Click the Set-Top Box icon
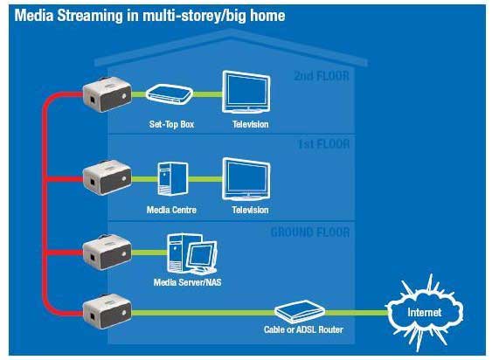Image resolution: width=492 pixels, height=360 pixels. coord(170,94)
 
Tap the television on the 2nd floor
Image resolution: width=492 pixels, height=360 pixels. coord(246,92)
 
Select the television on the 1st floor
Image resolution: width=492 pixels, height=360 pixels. coord(246,179)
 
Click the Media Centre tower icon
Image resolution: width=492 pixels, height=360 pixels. coord(172,179)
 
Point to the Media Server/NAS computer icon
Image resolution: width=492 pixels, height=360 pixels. coord(191,254)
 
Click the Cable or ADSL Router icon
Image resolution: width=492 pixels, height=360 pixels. coord(300,312)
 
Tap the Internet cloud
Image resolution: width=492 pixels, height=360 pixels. coord(425,313)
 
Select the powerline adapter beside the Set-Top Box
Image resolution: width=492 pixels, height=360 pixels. coord(107,94)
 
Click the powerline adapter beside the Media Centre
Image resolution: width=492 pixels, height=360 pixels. coord(107,177)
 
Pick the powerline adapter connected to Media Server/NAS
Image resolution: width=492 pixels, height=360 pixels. coord(107,252)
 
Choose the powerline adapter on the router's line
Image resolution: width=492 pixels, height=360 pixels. coord(107,311)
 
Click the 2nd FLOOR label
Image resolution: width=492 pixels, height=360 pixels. coord(322,76)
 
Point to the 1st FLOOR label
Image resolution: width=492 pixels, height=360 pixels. coord(323,144)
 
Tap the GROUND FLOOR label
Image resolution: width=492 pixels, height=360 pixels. coord(310,232)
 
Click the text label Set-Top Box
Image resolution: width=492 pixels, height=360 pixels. coord(171,124)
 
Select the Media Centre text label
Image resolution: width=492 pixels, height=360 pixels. coord(171,210)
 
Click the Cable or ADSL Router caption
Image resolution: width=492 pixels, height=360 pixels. coord(303,329)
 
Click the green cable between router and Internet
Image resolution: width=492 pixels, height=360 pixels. coord(357,313)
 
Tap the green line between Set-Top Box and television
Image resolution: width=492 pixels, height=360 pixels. coord(208,94)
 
